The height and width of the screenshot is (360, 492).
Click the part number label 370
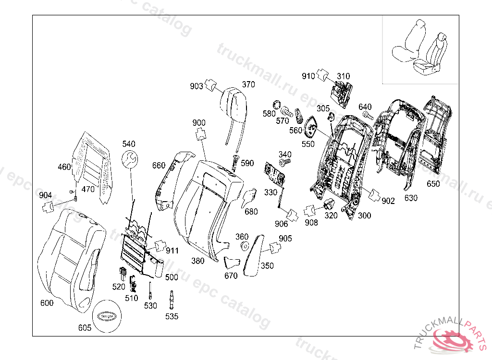[248, 84]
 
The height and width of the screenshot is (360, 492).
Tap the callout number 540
[129, 144]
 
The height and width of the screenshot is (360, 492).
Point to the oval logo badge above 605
[106, 316]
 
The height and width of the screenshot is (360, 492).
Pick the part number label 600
[47, 303]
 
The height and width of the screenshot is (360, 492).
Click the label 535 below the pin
[172, 316]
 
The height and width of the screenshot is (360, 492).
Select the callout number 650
[433, 184]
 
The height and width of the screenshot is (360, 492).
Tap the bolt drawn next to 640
[368, 116]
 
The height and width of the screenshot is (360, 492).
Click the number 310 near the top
[343, 76]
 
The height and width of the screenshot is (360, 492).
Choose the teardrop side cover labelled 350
[255, 254]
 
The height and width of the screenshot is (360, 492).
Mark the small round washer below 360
[244, 247]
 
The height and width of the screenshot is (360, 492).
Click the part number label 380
[198, 261]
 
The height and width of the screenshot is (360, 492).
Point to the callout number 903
[197, 86]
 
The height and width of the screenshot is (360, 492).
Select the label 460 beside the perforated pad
[64, 167]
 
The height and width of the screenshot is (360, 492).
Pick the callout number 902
[388, 201]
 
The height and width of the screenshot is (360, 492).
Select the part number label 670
[231, 276]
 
